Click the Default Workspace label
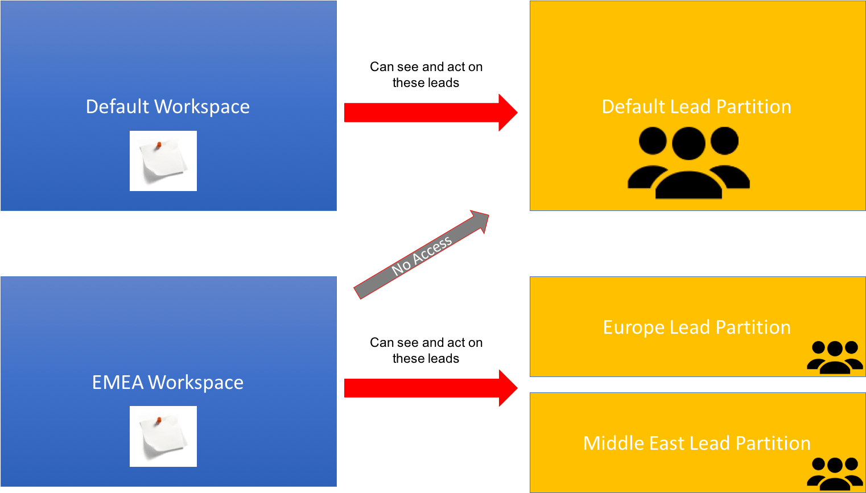167,107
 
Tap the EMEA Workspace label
167,383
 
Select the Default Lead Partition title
696,107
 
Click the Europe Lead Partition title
696,328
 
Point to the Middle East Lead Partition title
696,443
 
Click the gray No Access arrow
422,255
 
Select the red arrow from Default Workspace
431,113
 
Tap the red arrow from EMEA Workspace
431,388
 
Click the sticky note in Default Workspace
163,161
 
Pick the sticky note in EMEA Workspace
163,436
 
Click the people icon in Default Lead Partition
688,163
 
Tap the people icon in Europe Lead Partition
835,357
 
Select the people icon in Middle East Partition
835,474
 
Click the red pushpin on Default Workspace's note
159,146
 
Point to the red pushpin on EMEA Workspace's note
159,421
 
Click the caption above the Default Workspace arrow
426,74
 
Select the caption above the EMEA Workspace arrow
426,350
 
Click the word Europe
634,328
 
